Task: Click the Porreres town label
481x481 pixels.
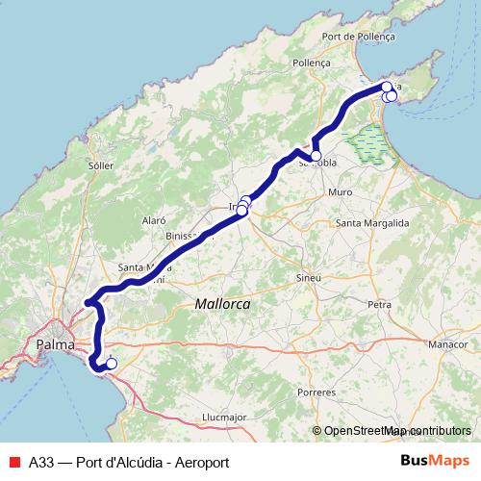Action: (317, 393)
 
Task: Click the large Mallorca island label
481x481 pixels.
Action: (222, 303)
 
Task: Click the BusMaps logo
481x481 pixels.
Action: (430, 462)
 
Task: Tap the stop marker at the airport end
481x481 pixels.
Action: (111, 363)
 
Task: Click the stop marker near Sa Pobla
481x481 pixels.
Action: (316, 155)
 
